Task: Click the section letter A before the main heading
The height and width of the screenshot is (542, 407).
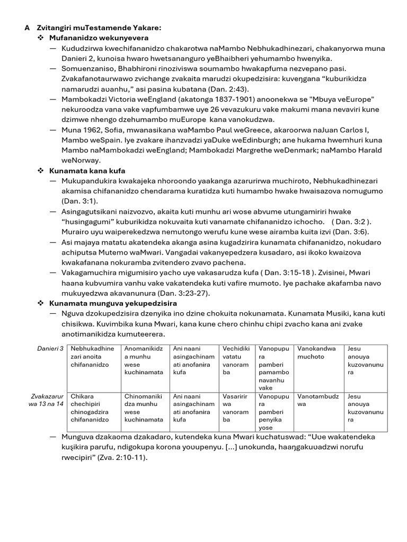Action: (x=27, y=28)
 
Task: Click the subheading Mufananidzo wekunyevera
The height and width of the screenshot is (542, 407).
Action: (x=99, y=38)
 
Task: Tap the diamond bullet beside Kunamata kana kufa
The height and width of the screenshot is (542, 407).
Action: (x=40, y=171)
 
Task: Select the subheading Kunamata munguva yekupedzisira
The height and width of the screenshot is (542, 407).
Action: (x=113, y=303)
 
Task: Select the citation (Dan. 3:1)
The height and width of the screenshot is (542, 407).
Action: (x=78, y=202)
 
